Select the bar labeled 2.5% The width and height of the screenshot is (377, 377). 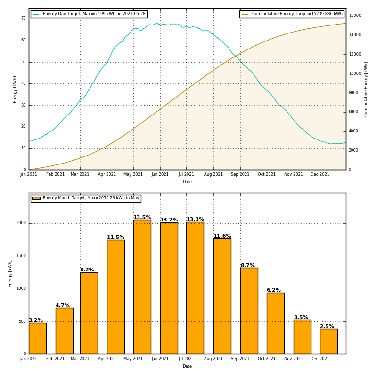pos(328,341)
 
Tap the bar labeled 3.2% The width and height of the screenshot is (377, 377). pos(37,338)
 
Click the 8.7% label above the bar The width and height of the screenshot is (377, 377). pos(247,266)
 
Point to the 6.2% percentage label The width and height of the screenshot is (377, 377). pos(273,290)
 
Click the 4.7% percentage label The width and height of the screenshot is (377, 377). pos(62,306)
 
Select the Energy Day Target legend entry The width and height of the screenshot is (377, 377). pos(89,14)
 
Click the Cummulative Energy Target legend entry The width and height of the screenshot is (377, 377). pos(292,14)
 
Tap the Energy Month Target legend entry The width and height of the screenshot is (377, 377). pos(86,198)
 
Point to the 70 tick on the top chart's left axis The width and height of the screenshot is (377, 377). pos(23,18)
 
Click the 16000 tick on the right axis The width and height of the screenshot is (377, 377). pos(355,16)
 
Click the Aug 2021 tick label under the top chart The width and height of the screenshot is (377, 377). pos(213,174)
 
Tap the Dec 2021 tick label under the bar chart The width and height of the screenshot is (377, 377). pos(320,359)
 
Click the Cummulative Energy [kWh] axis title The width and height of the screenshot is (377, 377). pos(366,89)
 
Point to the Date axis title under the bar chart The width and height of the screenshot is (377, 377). pos(187,366)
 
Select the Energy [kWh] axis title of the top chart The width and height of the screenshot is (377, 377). pos(15,89)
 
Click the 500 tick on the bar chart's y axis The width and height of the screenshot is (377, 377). pos(22,321)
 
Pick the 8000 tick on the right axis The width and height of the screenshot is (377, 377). pos(353,93)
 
